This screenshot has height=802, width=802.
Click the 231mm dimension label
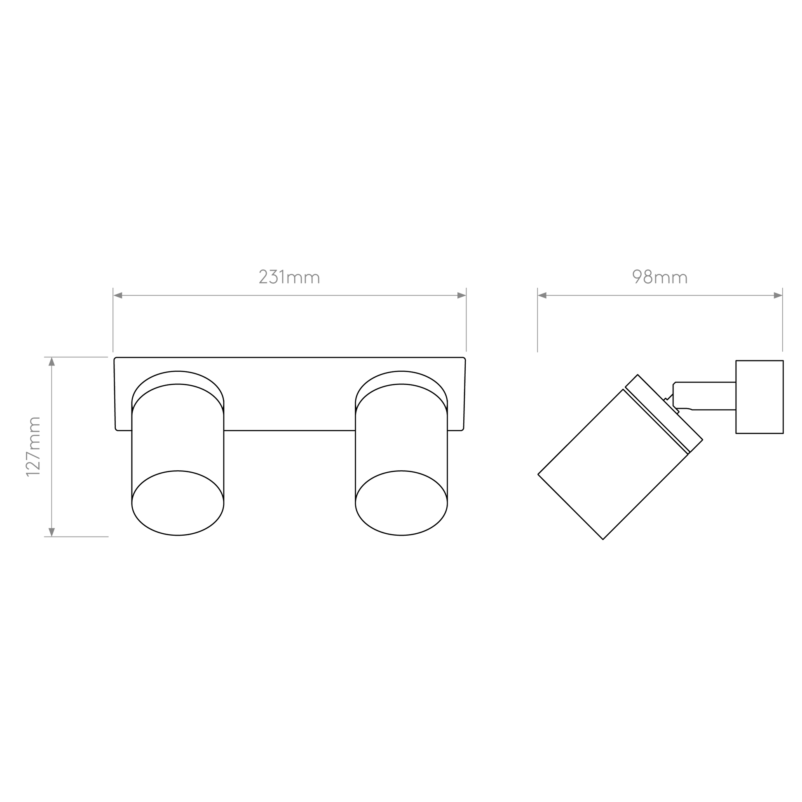tap(289, 277)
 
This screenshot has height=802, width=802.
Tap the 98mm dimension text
tap(660, 277)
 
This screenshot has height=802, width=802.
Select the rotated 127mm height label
tap(33, 447)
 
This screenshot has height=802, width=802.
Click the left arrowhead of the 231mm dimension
tap(118, 295)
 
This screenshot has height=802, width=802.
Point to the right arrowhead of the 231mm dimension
tap(461, 295)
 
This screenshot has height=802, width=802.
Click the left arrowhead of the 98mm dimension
tap(542, 295)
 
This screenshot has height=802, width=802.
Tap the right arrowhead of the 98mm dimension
tap(778, 295)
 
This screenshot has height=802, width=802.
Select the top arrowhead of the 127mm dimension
tap(52, 361)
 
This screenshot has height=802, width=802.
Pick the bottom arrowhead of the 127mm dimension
tap(52, 532)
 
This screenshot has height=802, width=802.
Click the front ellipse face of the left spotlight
tap(178, 503)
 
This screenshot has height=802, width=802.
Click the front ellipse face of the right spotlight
tap(401, 503)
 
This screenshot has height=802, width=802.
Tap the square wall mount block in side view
tap(760, 397)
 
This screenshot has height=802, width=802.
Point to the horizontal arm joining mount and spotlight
tap(705, 396)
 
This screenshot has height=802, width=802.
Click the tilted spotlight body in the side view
tap(613, 464)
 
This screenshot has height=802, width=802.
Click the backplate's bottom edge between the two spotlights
tap(289, 431)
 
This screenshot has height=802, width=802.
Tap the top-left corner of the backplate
tap(115, 358)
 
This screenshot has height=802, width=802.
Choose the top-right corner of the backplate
tap(465, 358)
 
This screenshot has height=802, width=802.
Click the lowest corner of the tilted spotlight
tap(603, 539)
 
